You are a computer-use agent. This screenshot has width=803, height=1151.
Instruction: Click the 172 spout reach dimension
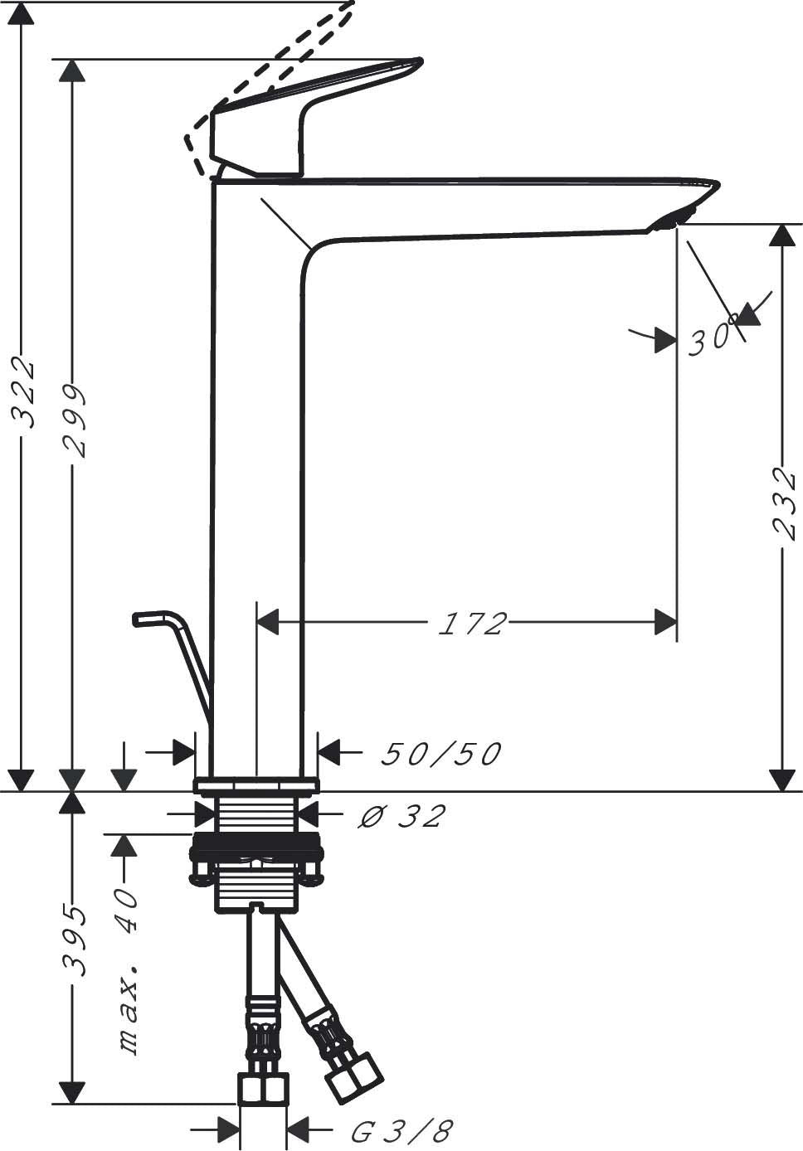click(x=473, y=624)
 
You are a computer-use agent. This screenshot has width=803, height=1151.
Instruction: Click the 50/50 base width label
click(x=440, y=755)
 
